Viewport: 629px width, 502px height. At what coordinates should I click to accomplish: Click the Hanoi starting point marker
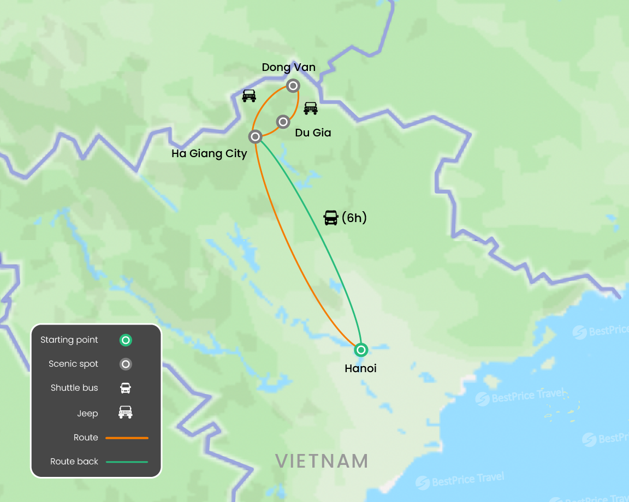pyautogui.click(x=360, y=350)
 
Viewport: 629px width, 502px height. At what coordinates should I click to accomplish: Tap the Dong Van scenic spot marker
pyautogui.click(x=293, y=86)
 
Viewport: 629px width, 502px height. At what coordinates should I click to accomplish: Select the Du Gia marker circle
pyautogui.click(x=283, y=122)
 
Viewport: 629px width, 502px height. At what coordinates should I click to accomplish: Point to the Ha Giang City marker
pyautogui.click(x=255, y=136)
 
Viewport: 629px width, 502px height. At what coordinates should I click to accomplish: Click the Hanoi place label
pyautogui.click(x=360, y=369)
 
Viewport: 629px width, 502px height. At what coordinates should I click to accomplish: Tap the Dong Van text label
pyautogui.click(x=288, y=67)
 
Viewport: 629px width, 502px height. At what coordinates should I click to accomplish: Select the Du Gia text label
pyautogui.click(x=313, y=133)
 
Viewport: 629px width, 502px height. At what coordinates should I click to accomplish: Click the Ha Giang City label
pyautogui.click(x=209, y=153)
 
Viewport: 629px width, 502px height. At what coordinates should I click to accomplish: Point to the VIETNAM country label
pyautogui.click(x=321, y=461)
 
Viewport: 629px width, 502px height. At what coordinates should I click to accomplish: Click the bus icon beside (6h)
pyautogui.click(x=331, y=218)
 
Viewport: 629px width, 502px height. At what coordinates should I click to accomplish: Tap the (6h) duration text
pyautogui.click(x=354, y=218)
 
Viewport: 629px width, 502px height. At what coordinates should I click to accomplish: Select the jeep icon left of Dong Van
pyautogui.click(x=249, y=95)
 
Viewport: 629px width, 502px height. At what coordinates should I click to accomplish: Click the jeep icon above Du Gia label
pyautogui.click(x=311, y=108)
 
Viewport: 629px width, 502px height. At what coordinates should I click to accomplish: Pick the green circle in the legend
pyautogui.click(x=126, y=340)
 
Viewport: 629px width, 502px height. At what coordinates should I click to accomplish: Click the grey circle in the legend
pyautogui.click(x=126, y=364)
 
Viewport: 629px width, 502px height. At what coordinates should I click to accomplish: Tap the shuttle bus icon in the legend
pyautogui.click(x=126, y=388)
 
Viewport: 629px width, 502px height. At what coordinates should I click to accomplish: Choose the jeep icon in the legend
pyautogui.click(x=126, y=413)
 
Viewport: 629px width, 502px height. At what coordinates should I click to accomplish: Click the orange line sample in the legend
pyautogui.click(x=127, y=438)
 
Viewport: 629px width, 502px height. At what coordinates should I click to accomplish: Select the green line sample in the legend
pyautogui.click(x=127, y=462)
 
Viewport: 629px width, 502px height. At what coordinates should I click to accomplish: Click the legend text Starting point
pyautogui.click(x=69, y=340)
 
